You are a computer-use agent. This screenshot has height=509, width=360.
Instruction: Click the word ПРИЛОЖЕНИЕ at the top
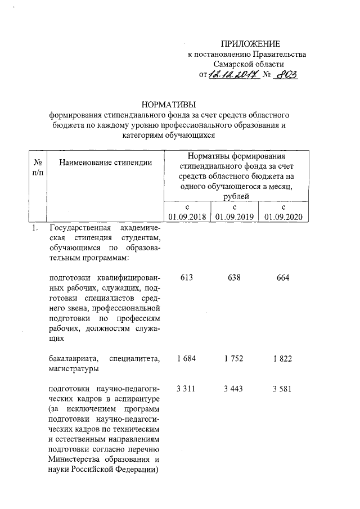coord(250,44)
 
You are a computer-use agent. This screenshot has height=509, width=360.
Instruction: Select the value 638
coord(233,278)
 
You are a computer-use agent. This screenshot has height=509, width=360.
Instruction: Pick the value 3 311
coord(186,390)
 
